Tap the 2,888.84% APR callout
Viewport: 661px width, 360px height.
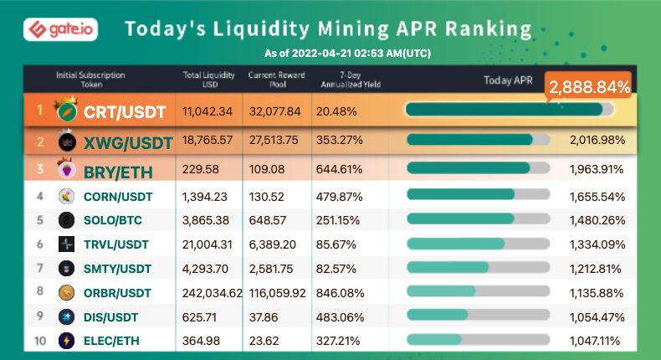(x=589, y=86)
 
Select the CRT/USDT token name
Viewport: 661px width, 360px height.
(x=124, y=111)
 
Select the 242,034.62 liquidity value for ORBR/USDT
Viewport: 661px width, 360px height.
(x=213, y=292)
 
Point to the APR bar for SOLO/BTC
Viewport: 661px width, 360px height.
(x=478, y=219)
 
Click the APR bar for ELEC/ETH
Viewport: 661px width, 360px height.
(x=478, y=340)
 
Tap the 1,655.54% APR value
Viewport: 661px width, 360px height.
(x=597, y=196)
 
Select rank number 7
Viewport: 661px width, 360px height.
(x=39, y=268)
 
